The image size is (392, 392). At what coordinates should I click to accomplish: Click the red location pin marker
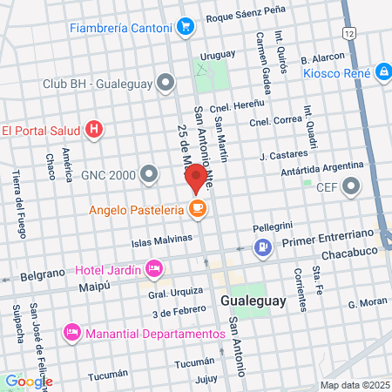point(196,179)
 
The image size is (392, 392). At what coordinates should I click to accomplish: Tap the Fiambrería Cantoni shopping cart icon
point(184,27)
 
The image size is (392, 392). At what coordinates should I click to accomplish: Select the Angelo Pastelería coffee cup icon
point(198,209)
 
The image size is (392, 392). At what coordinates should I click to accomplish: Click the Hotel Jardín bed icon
point(153,267)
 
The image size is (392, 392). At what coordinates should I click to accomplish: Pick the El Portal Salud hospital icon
point(95,131)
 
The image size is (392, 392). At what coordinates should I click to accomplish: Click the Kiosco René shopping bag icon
point(384,72)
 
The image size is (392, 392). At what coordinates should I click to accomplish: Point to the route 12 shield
point(349,32)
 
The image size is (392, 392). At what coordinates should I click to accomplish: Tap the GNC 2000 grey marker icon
point(151,174)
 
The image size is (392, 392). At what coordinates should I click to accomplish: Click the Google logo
point(28,381)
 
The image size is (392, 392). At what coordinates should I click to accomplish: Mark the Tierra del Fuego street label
point(17,204)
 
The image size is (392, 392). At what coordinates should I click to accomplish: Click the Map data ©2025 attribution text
point(352,385)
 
